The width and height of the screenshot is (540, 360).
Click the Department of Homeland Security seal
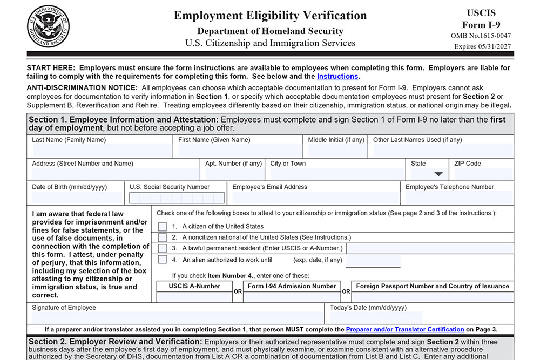click(48, 25)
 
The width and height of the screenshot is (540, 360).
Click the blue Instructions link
click(337, 77)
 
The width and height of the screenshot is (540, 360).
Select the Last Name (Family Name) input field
click(101, 151)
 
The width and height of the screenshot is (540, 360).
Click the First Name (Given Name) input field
click(239, 151)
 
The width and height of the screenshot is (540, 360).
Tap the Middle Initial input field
click(336, 151)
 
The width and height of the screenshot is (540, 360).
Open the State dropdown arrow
click(438, 174)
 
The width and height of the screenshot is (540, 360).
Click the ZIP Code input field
click(483, 174)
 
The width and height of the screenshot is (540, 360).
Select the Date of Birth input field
click(77, 198)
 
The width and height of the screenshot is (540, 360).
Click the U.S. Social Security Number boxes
click(177, 198)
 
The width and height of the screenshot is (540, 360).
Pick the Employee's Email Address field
click(315, 198)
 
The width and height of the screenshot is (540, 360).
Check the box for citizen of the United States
click(162, 227)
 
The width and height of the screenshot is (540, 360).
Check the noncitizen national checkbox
click(162, 237)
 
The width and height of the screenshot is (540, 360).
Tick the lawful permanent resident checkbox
click(162, 248)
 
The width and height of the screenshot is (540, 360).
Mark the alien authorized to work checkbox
click(162, 260)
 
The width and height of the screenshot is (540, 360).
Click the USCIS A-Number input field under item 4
click(194, 297)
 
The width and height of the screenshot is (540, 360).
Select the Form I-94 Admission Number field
click(292, 297)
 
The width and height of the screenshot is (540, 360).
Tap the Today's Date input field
click(376, 317)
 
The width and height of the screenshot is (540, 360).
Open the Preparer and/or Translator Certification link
click(404, 329)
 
